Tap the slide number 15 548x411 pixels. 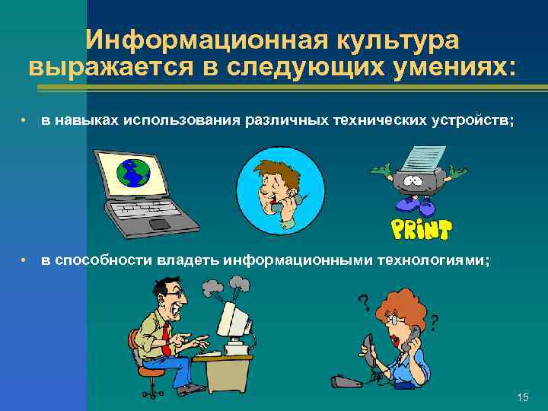(x=522, y=397)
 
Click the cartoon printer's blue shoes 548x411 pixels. (x=415, y=206)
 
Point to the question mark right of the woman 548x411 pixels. (x=433, y=323)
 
